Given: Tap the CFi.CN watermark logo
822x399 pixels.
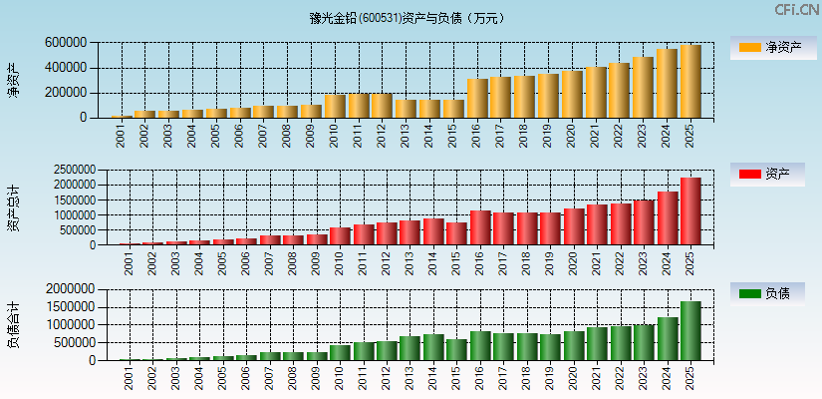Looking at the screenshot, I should (796, 10).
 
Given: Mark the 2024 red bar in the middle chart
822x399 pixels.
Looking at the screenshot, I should (667, 218).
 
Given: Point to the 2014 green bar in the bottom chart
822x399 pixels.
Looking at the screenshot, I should (432, 347).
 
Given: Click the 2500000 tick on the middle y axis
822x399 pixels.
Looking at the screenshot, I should (69, 171).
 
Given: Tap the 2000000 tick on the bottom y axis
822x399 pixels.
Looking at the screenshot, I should (69, 289).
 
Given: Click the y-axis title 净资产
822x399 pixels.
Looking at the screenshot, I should (13, 80).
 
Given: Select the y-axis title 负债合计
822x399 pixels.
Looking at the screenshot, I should (13, 324).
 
